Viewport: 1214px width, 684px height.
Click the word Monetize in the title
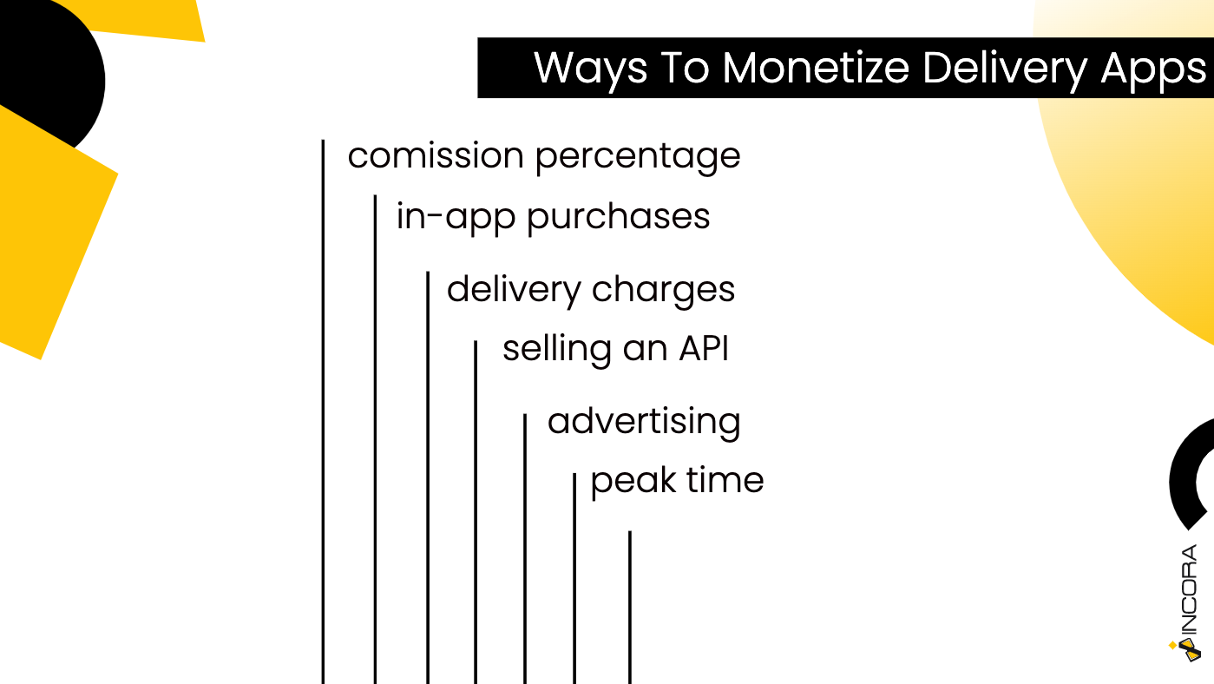pyautogui.click(x=816, y=69)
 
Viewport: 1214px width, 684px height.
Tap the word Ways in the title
pyautogui.click(x=590, y=70)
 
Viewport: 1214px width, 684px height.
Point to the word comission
pyautogui.click(x=436, y=156)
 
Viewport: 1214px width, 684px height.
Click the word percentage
pyautogui.click(x=638, y=158)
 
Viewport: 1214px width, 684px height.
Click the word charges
pyautogui.click(x=663, y=290)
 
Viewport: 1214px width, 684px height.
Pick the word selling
pyautogui.click(x=556, y=350)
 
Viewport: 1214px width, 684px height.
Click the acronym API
pyautogui.click(x=704, y=348)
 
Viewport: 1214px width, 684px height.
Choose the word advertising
pyautogui.click(x=644, y=424)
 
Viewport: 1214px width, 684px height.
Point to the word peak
pyautogui.click(x=633, y=482)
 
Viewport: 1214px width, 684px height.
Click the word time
pyautogui.click(x=725, y=481)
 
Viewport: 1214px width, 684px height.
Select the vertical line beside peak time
pyautogui.click(x=574, y=578)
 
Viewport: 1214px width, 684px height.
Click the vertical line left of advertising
pyautogui.click(x=525, y=549)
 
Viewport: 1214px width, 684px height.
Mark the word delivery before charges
pyautogui.click(x=514, y=290)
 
